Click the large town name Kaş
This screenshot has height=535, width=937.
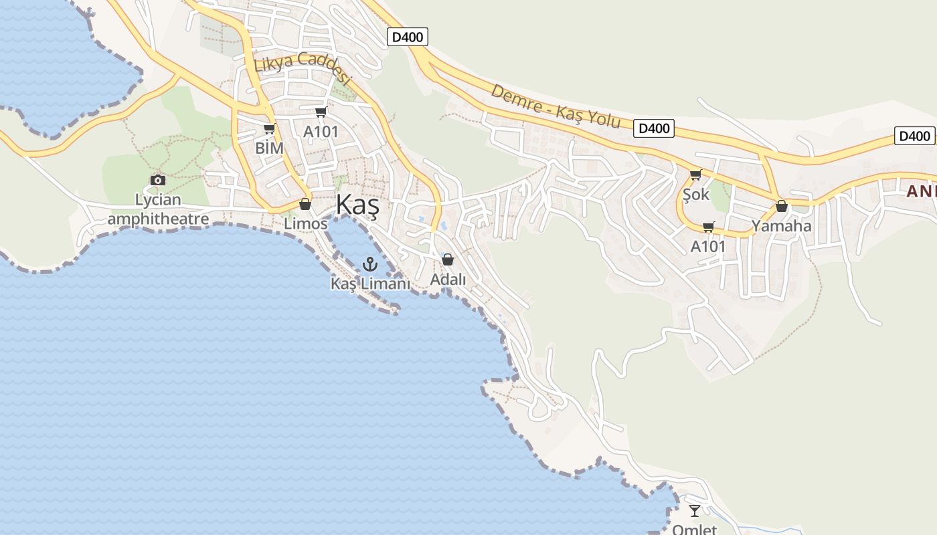(357, 205)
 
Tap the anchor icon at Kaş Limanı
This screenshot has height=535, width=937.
(370, 265)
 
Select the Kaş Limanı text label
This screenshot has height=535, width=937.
(370, 284)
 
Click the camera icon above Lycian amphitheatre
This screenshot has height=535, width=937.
(158, 180)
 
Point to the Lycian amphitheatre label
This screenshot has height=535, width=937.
(158, 209)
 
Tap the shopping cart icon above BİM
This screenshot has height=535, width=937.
(269, 128)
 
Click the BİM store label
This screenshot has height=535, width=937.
(269, 148)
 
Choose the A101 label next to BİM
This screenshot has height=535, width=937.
(321, 132)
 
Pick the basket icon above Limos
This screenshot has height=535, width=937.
(305, 204)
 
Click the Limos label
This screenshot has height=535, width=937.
(306, 223)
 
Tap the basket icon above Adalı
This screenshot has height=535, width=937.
(448, 259)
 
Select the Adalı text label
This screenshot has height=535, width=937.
(448, 279)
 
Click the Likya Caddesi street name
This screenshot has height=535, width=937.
(303, 68)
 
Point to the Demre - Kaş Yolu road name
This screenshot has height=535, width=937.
(556, 107)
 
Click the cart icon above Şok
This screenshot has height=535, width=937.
(695, 175)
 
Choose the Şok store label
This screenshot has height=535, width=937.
(695, 195)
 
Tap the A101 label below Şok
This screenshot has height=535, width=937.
(708, 246)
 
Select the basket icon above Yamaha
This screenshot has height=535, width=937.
(781, 206)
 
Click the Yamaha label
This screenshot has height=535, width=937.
(781, 225)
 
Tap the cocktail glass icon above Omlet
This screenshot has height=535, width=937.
(695, 511)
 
